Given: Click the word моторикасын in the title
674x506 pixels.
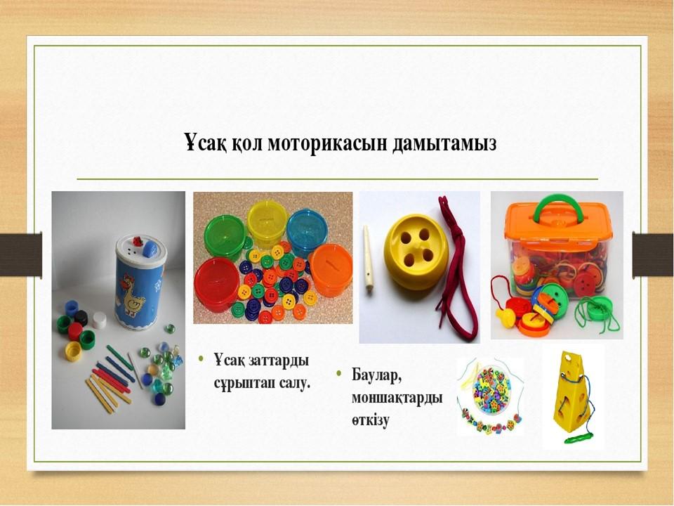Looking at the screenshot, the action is click(329, 143).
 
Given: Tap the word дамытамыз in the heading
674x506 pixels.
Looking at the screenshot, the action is click(445, 144).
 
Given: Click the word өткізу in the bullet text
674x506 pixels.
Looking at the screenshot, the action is click(371, 420).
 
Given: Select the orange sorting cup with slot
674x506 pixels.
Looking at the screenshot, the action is click(331, 270).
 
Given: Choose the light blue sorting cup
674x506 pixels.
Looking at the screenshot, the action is click(307, 227).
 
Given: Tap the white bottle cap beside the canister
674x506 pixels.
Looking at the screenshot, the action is click(99, 320).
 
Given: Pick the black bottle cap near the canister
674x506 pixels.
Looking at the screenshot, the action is click(81, 318).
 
